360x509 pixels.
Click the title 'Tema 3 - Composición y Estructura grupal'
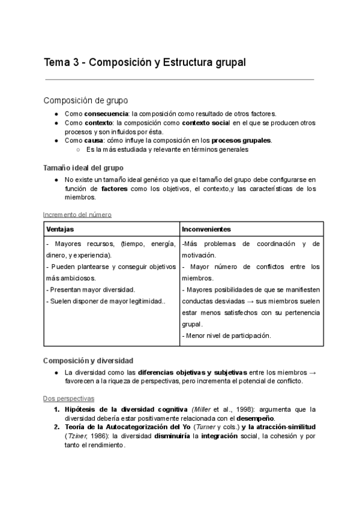click(x=145, y=62)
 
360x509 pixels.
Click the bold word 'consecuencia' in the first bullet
click(x=106, y=113)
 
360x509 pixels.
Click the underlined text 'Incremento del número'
click(x=77, y=214)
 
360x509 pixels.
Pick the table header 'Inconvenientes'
click(x=206, y=229)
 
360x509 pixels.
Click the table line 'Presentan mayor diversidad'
click(x=91, y=289)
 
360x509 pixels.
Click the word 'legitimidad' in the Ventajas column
click(x=145, y=301)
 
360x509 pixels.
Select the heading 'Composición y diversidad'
click(x=88, y=361)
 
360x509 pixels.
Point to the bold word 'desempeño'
click(x=254, y=418)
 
